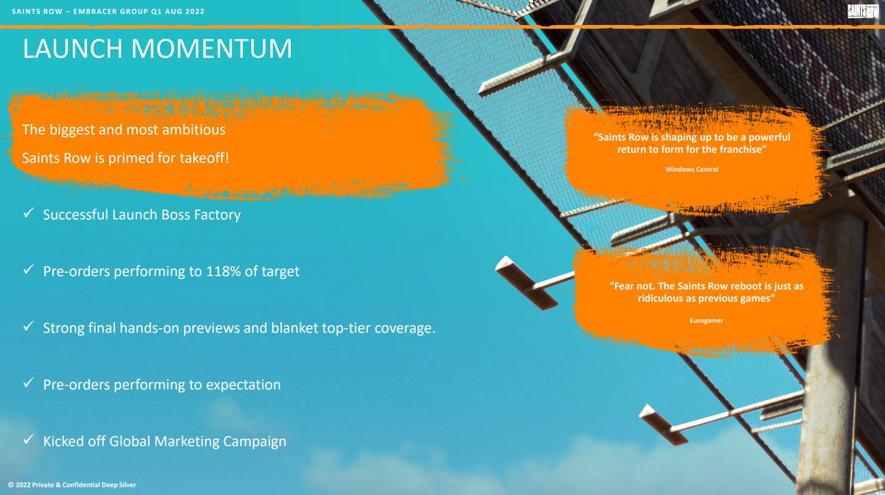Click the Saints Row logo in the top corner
click(862, 12)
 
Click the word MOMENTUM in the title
click(212, 49)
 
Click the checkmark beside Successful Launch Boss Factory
click(28, 213)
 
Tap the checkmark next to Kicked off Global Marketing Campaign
click(28, 439)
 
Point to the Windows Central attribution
click(692, 170)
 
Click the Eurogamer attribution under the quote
click(707, 320)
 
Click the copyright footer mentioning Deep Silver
click(72, 485)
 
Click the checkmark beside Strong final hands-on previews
click(28, 326)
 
